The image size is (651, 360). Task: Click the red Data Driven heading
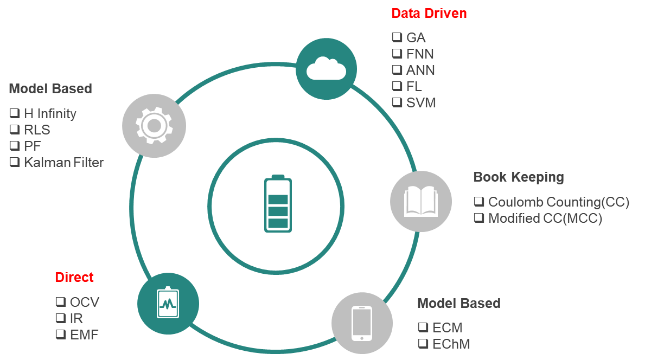(429, 14)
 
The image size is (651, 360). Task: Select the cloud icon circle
(326, 68)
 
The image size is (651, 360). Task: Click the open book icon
(420, 201)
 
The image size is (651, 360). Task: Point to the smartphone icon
(362, 323)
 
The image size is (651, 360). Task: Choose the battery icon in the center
(278, 204)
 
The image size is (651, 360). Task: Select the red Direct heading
(74, 277)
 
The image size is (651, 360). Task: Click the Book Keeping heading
(518, 177)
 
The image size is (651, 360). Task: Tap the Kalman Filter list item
(63, 162)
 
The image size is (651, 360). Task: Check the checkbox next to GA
(396, 37)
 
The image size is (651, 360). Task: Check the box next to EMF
(60, 335)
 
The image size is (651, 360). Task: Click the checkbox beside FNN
(396, 54)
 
